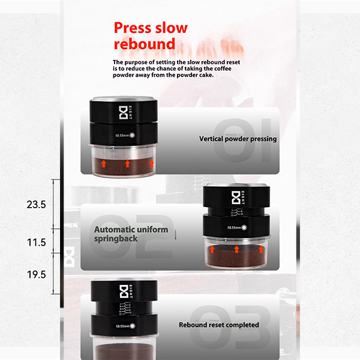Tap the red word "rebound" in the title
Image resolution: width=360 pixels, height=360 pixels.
click(145, 44)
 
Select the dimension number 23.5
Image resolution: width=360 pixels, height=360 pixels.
click(36, 205)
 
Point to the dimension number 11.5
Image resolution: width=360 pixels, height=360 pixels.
click(36, 242)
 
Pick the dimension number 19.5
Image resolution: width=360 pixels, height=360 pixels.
click(36, 274)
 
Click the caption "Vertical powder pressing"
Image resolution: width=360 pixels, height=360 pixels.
click(238, 139)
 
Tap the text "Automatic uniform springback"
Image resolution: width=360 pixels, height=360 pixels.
click(131, 234)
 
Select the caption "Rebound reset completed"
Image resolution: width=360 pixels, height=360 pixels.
click(219, 325)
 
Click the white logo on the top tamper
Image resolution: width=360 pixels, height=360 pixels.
click(123, 113)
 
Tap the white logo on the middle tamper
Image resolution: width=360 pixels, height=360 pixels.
click(236, 197)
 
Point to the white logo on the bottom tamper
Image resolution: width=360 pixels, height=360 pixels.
click(124, 292)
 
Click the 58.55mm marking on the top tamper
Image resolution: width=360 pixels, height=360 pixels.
click(122, 136)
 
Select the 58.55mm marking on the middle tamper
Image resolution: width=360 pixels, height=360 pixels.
click(234, 228)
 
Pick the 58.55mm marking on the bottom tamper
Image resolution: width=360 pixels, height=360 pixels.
click(123, 326)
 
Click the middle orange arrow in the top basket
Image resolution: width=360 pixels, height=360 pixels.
click(127, 164)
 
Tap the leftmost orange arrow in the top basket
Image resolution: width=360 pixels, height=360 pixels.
click(104, 164)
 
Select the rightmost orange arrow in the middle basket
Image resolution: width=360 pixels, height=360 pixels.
click(261, 250)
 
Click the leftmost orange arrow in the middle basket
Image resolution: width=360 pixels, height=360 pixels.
click(212, 250)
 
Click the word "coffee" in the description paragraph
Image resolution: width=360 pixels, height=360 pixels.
click(223, 68)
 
